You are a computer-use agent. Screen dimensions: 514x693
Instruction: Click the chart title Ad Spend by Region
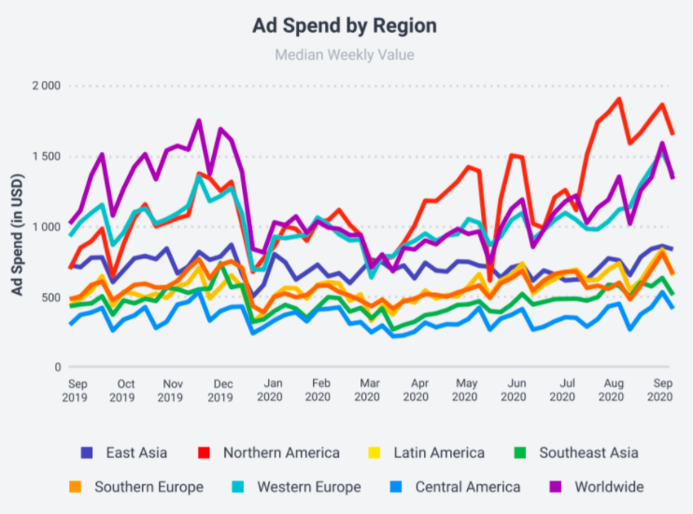point(345,25)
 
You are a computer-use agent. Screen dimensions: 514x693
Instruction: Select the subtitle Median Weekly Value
point(345,55)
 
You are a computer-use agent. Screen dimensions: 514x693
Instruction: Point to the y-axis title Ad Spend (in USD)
point(18,226)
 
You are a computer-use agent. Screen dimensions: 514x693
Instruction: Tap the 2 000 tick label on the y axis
point(46,86)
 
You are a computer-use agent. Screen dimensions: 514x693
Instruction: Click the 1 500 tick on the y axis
point(46,156)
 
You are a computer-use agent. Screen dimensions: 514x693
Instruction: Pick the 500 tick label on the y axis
point(50,297)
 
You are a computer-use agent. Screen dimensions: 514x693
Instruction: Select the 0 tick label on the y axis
point(57,367)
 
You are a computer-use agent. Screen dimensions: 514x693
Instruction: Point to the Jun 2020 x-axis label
point(515,390)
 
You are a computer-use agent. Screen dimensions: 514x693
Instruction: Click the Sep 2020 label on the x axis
point(661,390)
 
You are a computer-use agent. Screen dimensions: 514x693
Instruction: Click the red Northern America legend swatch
point(207,453)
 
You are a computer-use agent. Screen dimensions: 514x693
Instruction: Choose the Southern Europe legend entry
point(134,487)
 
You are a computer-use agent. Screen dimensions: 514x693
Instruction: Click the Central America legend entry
point(455,487)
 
